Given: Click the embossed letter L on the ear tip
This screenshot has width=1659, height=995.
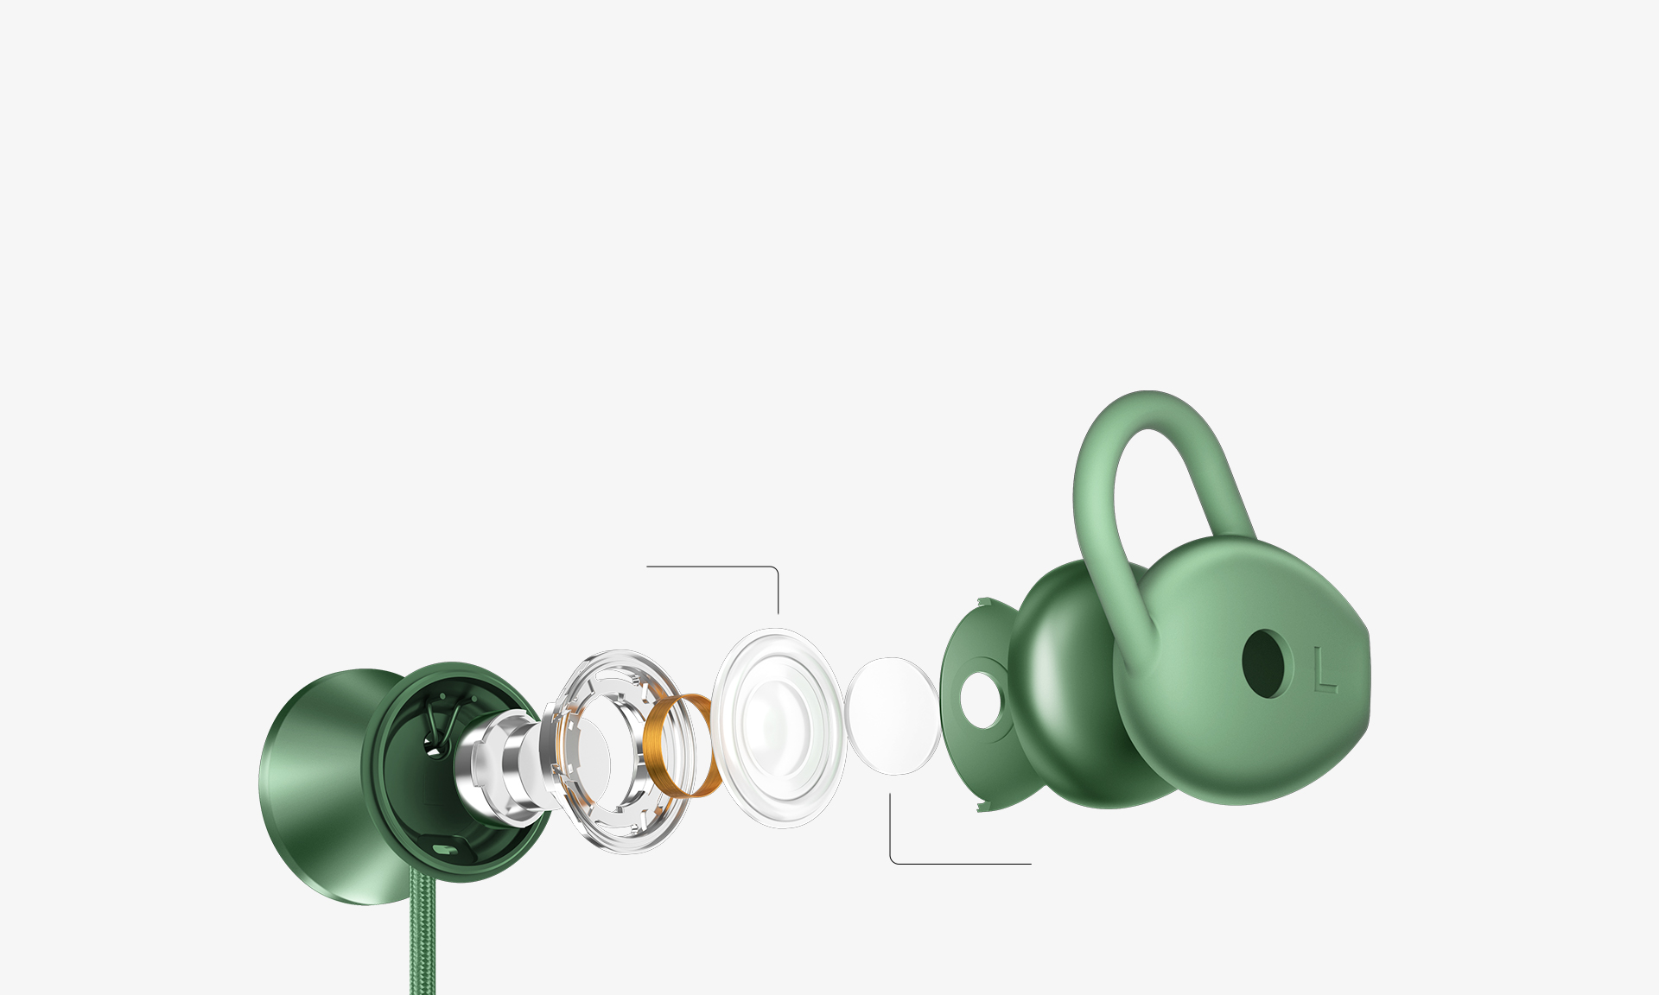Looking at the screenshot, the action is click(x=1325, y=669).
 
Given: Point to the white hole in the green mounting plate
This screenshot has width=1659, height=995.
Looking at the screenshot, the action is click(x=981, y=700).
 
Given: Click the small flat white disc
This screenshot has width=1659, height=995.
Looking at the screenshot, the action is click(x=893, y=716).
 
